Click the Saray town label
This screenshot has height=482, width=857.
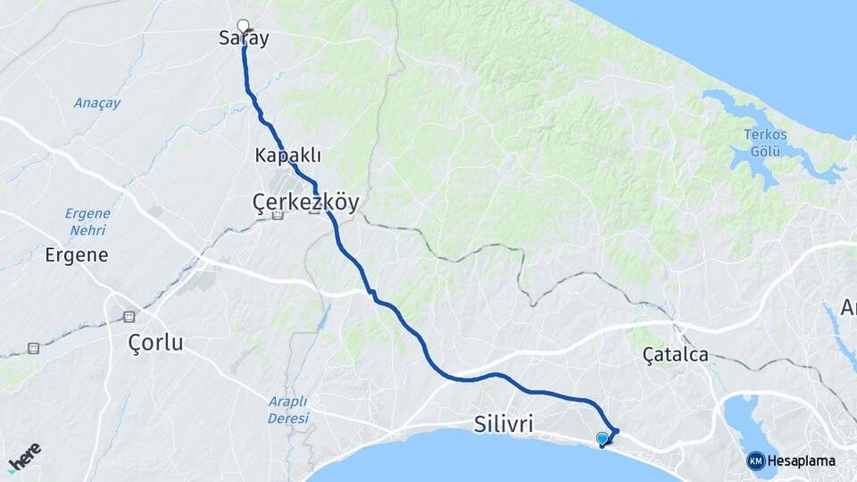pyautogui.click(x=244, y=38)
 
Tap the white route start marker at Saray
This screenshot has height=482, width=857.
pyautogui.click(x=243, y=25)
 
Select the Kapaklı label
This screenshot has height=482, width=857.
pyautogui.click(x=287, y=155)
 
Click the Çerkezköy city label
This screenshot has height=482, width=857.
pyautogui.click(x=305, y=203)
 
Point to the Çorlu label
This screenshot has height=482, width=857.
pyautogui.click(x=155, y=342)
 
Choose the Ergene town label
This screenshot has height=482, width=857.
pyautogui.click(x=77, y=255)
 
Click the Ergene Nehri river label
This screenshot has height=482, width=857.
pyautogui.click(x=87, y=221)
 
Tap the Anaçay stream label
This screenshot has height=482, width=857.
pyautogui.click(x=96, y=103)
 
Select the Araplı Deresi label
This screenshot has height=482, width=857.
pyautogui.click(x=287, y=409)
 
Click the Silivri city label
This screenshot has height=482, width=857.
pyautogui.click(x=505, y=424)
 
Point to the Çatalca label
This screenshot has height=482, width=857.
pyautogui.click(x=676, y=354)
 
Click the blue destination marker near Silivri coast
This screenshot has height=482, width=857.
pyautogui.click(x=603, y=438)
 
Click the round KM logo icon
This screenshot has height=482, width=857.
pyautogui.click(x=756, y=461)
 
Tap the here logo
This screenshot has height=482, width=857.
pyautogui.click(x=24, y=456)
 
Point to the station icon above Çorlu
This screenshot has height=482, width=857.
pyautogui.click(x=129, y=317)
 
